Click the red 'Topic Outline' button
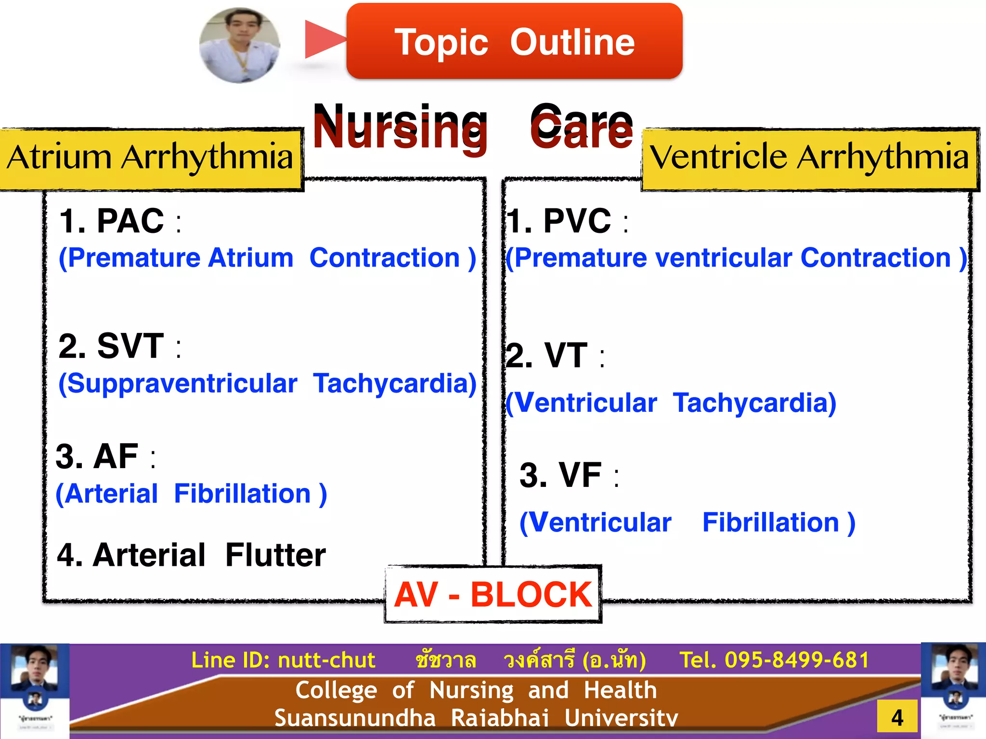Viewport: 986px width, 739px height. tap(514, 41)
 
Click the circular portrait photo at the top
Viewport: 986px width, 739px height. tap(240, 45)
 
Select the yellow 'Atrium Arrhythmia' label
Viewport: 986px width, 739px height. tap(150, 158)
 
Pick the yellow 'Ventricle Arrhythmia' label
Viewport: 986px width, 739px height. tap(810, 158)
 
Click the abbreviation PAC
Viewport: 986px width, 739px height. tap(130, 221)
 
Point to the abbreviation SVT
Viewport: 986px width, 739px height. tap(130, 346)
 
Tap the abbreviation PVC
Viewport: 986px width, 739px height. tap(577, 221)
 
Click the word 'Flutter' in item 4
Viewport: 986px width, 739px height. tap(275, 555)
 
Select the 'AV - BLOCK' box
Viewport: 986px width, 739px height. tap(493, 595)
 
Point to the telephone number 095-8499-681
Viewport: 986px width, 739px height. tap(797, 660)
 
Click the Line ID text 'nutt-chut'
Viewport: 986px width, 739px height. tap(326, 660)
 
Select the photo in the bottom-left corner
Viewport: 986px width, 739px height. tap(34, 691)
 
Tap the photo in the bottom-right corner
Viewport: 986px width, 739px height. tap(954, 691)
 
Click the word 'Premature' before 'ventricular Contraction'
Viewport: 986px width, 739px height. tap(580, 258)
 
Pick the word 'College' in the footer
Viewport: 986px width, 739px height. tap(336, 690)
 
